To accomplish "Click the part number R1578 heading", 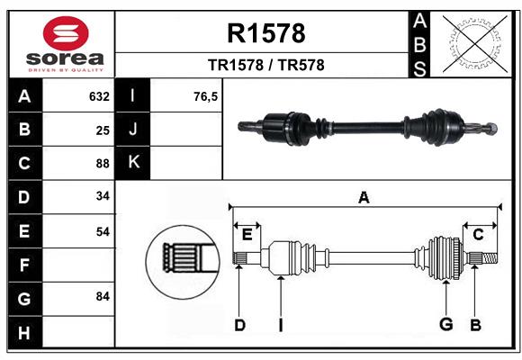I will (265, 33).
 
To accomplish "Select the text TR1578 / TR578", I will (265, 65).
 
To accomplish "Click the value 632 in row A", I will (99, 96).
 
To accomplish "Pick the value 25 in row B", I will (102, 130).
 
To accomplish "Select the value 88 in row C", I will (102, 164).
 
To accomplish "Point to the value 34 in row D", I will (102, 197).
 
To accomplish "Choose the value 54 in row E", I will (102, 231).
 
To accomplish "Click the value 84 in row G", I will (102, 296).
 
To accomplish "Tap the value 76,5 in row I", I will (205, 96).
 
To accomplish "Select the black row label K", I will (133, 163).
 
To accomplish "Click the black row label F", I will (24, 265).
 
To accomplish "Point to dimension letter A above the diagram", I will (364, 197).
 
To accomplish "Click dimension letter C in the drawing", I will (478, 234).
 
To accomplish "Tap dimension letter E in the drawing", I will (247, 234).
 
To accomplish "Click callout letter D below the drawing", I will (239, 324).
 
